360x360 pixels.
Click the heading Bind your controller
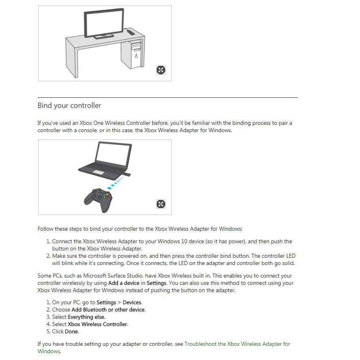pos(69,106)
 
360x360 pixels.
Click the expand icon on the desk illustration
pos(161,70)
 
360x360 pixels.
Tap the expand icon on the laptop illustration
pos(161,204)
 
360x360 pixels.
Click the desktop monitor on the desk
pos(104,23)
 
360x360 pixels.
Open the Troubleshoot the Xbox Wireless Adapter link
pos(237,344)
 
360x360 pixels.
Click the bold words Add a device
pos(124,283)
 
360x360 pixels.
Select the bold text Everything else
pos(86,317)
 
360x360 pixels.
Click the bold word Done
pos(72,332)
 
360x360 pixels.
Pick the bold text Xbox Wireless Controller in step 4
pos(98,324)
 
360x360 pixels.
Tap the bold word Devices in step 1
pos(132,303)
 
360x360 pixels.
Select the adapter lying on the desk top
pos(130,32)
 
